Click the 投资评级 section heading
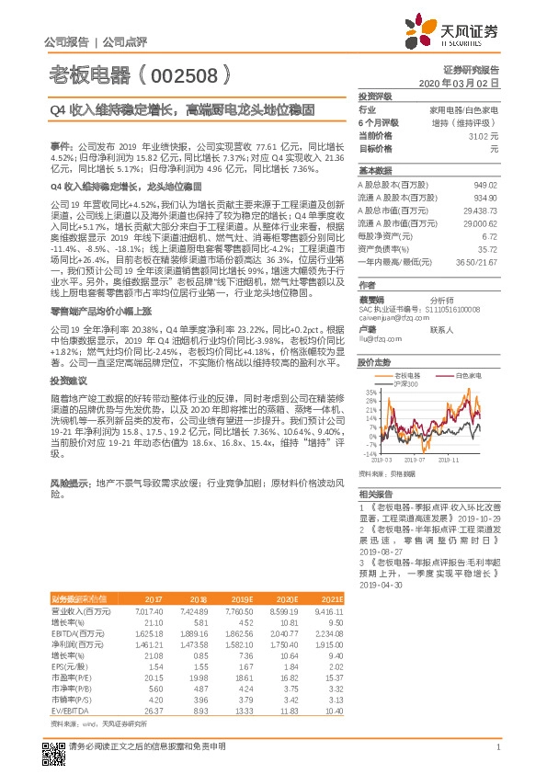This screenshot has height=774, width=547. [375, 96]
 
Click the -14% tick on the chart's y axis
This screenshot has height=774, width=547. [370, 453]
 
